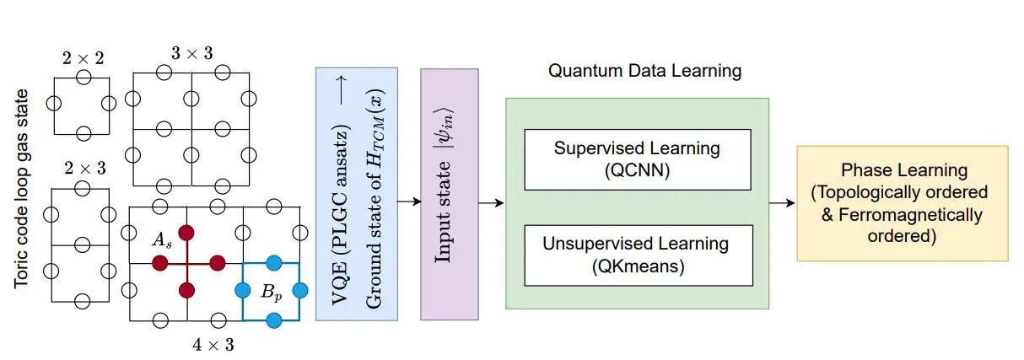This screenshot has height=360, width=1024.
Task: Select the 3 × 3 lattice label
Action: [x=191, y=53]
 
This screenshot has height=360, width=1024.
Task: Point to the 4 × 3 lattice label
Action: [x=213, y=344]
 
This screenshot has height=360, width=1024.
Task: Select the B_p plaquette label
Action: [x=271, y=293]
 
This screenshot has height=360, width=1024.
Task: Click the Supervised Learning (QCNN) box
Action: [x=637, y=159]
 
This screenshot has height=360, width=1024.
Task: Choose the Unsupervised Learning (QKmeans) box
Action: [x=637, y=254]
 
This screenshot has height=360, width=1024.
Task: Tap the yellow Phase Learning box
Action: [x=902, y=203]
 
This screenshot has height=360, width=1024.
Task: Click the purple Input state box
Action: [x=450, y=194]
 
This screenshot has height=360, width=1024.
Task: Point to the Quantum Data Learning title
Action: [x=645, y=71]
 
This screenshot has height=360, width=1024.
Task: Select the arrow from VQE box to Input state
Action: [x=409, y=202]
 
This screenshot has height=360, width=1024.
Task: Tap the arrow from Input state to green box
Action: [x=492, y=202]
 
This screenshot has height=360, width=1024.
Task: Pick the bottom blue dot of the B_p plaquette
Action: [x=272, y=320]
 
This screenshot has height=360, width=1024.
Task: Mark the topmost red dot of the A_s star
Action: [x=187, y=232]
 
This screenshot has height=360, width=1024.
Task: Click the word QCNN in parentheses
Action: [x=637, y=169]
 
